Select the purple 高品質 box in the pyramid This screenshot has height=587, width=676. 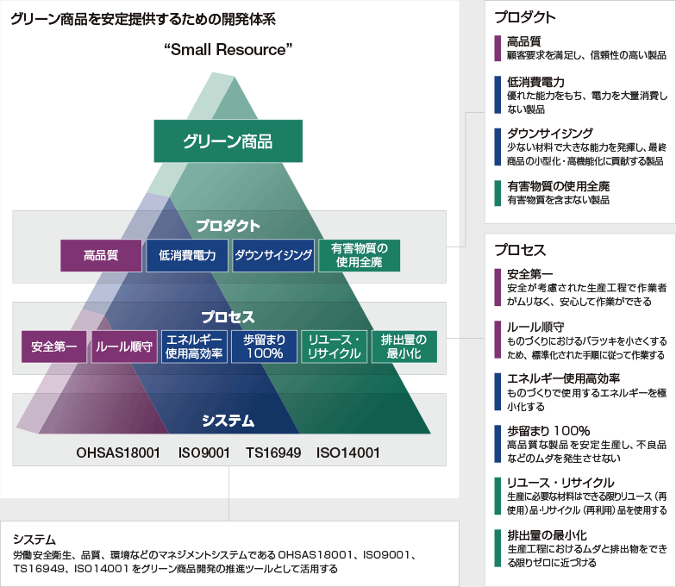coord(100,255)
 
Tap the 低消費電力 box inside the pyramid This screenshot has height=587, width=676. coord(187,255)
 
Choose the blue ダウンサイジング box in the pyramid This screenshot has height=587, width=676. coord(272,255)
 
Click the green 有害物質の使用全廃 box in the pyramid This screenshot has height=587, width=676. coord(360,255)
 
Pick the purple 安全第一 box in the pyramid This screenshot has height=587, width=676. coord(54,347)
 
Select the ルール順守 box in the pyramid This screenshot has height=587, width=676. coord(124,347)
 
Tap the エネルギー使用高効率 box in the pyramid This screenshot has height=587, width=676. coord(195,347)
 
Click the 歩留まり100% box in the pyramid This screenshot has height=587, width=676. coord(264,347)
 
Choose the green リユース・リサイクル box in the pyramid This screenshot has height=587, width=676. coord(335,347)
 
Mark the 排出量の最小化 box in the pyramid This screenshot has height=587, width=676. coord(404,347)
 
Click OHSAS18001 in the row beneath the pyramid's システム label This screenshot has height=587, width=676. coord(118,452)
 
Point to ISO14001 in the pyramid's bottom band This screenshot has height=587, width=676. coord(347,452)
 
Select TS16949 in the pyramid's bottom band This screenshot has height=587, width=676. coord(272,452)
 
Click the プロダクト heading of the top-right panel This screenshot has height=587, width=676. coord(525,17)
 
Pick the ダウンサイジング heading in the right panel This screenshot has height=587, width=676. coord(549,134)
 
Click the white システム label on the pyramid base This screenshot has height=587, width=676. coord(228,421)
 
